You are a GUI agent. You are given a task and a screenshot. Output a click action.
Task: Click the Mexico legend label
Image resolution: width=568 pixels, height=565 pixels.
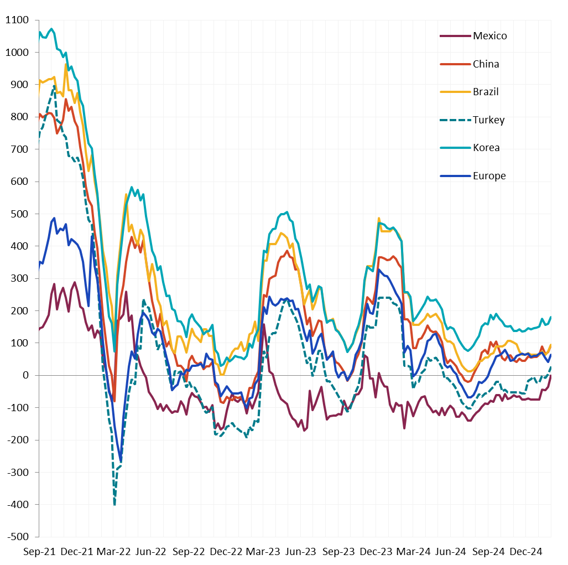(489, 36)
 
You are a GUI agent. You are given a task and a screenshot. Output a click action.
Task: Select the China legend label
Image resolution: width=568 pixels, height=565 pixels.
(486, 64)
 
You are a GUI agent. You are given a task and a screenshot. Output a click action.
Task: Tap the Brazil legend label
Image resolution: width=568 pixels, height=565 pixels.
(486, 92)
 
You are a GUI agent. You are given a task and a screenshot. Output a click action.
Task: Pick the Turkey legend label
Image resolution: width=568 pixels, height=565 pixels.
(488, 120)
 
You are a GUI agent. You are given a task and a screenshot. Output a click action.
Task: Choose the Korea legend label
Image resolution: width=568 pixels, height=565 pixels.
(486, 148)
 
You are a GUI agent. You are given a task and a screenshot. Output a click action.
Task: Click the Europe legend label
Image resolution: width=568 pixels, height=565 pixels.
(489, 176)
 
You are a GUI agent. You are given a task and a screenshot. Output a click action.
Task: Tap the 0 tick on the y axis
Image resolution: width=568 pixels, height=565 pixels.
(25, 375)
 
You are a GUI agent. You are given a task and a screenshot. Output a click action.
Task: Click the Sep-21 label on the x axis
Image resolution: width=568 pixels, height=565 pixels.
(39, 552)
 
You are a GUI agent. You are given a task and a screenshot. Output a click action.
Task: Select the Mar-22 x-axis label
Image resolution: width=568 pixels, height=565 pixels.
(114, 552)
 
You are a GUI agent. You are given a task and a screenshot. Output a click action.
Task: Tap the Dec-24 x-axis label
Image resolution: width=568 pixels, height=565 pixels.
(526, 552)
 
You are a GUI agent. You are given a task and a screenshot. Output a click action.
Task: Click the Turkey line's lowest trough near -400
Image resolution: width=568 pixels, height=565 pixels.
(114, 504)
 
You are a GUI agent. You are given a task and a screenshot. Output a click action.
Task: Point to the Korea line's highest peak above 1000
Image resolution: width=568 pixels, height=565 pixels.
(51, 29)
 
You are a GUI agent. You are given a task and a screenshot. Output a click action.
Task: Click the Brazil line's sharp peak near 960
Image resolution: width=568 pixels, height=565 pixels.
(66, 64)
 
